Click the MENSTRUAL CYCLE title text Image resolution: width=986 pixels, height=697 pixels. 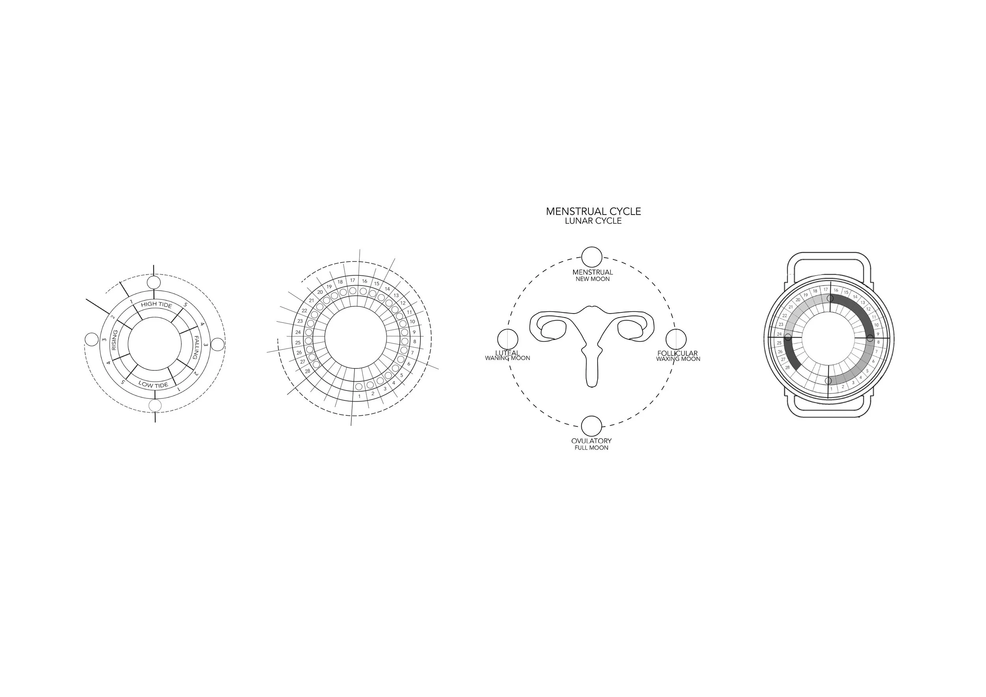pyautogui.click(x=593, y=211)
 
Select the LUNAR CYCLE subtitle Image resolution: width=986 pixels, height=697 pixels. pyautogui.click(x=593, y=221)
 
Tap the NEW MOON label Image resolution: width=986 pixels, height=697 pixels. pyautogui.click(x=592, y=279)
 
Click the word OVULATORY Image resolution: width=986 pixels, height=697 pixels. pyautogui.click(x=591, y=441)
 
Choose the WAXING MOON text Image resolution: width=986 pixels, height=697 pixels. pyautogui.click(x=678, y=359)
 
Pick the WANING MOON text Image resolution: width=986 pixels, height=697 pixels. pyautogui.click(x=507, y=358)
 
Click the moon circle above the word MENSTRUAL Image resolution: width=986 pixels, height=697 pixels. pyautogui.click(x=591, y=257)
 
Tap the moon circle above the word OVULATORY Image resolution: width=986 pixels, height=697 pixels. pyautogui.click(x=591, y=426)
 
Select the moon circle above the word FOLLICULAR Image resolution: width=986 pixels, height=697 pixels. pyautogui.click(x=676, y=339)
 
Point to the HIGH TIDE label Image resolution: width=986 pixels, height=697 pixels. pyautogui.click(x=156, y=305)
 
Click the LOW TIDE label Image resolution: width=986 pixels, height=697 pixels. pyautogui.click(x=153, y=385)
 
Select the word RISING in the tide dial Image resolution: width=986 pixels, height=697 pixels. pyautogui.click(x=114, y=340)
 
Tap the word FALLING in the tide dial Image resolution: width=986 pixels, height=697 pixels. pyautogui.click(x=195, y=348)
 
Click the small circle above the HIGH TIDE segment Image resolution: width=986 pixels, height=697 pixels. pyautogui.click(x=154, y=282)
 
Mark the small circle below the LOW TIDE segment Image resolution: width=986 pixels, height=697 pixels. pyautogui.click(x=155, y=405)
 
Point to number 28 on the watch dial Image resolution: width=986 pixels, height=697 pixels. pyautogui.click(x=787, y=368)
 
